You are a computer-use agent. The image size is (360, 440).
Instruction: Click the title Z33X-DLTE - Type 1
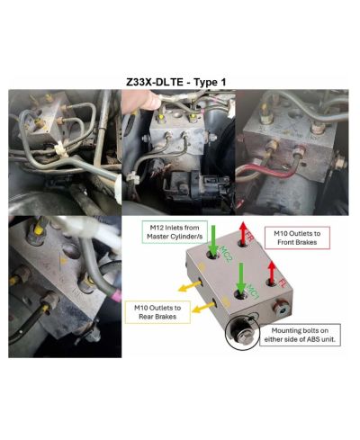[x=176, y=80]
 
